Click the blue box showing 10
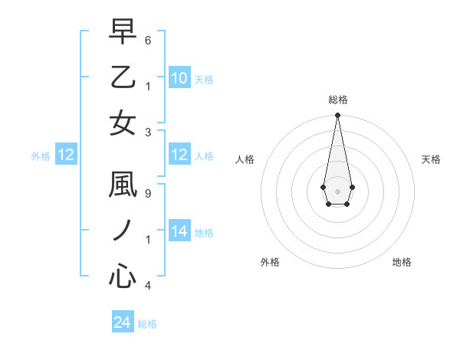[179, 77]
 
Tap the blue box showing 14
[179, 231]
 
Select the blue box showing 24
[123, 322]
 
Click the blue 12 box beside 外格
[65, 155]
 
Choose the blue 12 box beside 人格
[179, 155]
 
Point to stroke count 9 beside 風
[148, 194]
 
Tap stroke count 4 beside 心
[148, 286]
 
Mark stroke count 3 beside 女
[148, 133]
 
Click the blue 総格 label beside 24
[147, 324]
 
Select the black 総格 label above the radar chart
[337, 100]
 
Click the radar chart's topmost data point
[337, 116]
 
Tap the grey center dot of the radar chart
[337, 190]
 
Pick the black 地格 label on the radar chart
[402, 262]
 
